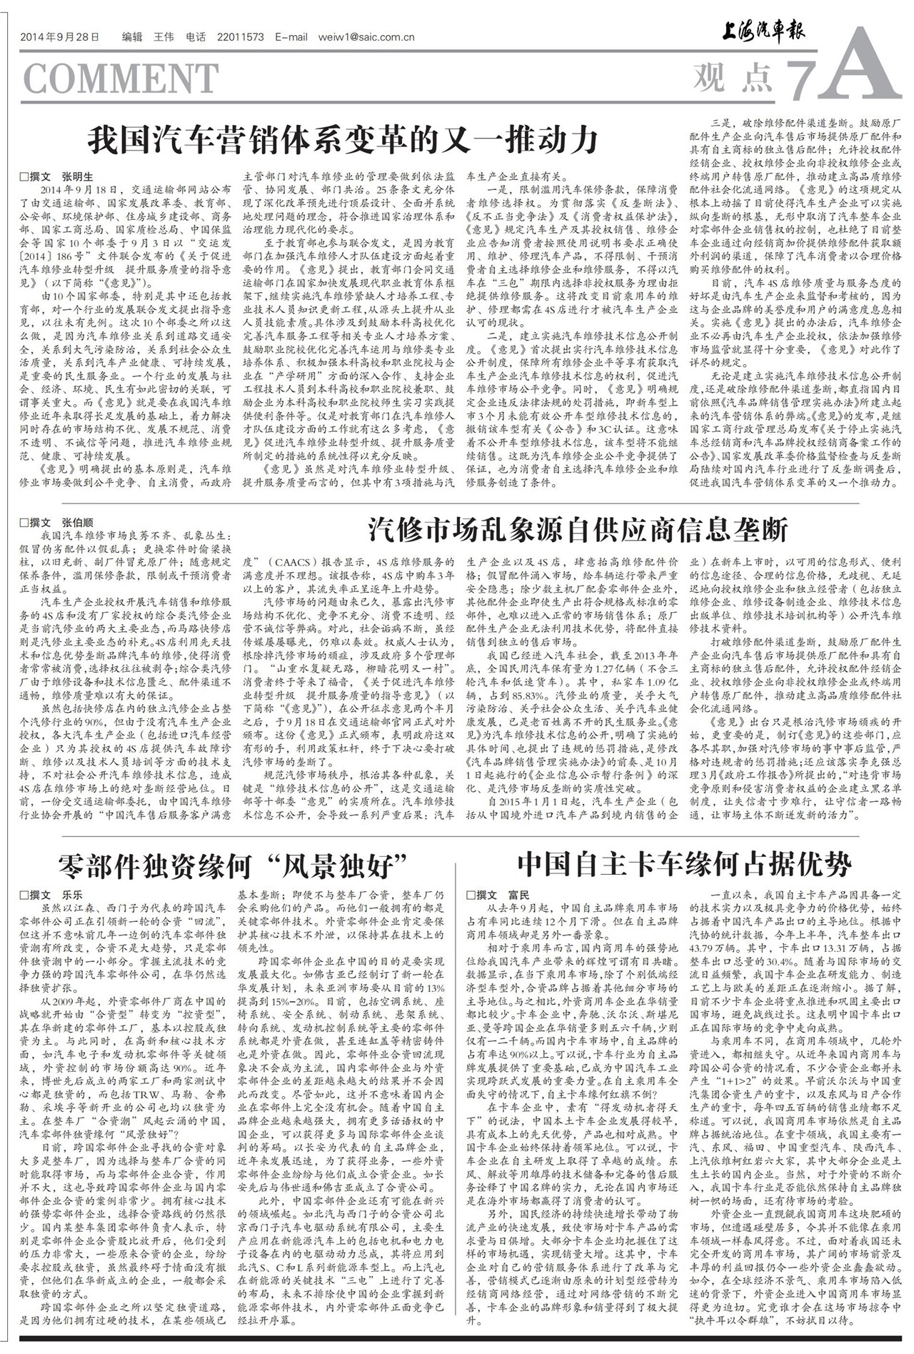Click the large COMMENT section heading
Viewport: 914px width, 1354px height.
coord(121,78)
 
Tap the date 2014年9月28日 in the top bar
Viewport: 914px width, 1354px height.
coord(59,37)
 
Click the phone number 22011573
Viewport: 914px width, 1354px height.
coord(239,37)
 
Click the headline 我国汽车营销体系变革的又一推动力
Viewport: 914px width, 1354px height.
coord(343,140)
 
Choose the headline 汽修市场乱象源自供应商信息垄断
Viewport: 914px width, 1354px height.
coord(578,529)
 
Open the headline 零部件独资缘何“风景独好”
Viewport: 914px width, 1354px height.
coord(233,866)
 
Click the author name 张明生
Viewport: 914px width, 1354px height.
coord(77,176)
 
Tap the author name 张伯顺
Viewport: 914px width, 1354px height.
coord(77,522)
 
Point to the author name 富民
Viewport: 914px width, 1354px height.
coord(519,894)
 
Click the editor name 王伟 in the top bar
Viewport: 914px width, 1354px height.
coord(164,37)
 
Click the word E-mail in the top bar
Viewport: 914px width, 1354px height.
coord(291,37)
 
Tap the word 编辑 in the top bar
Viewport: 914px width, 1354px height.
coord(132,37)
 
